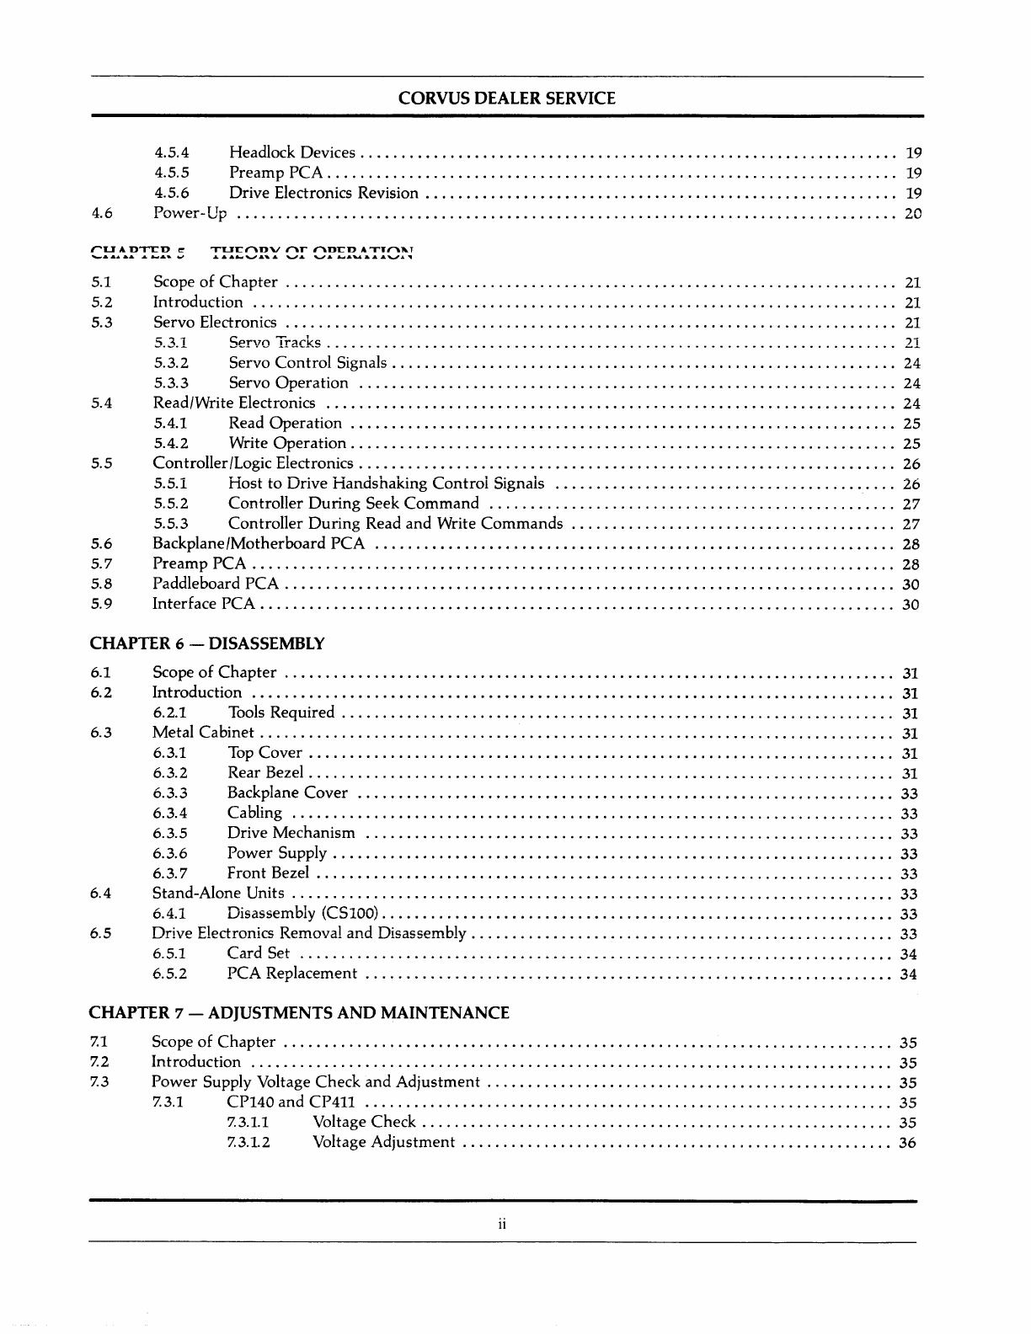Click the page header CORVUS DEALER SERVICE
pos(506,99)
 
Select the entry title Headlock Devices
pos(291,152)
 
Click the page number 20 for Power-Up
pos(912,214)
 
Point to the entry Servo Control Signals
pos(307,363)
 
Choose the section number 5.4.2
pos(171,443)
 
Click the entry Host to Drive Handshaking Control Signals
pos(386,483)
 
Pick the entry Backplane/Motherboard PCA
pos(258,543)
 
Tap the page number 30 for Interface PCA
pos(910,605)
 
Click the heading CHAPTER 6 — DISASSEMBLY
pos(206,644)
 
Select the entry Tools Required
pos(280,712)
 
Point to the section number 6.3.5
pos(170,834)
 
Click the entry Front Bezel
pos(268,873)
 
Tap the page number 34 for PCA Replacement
pos(909,974)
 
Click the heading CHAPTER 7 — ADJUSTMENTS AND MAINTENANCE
pos(299,1013)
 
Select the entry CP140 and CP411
pos(291,1102)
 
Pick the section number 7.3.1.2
pos(248,1143)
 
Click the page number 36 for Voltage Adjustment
pos(908,1143)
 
